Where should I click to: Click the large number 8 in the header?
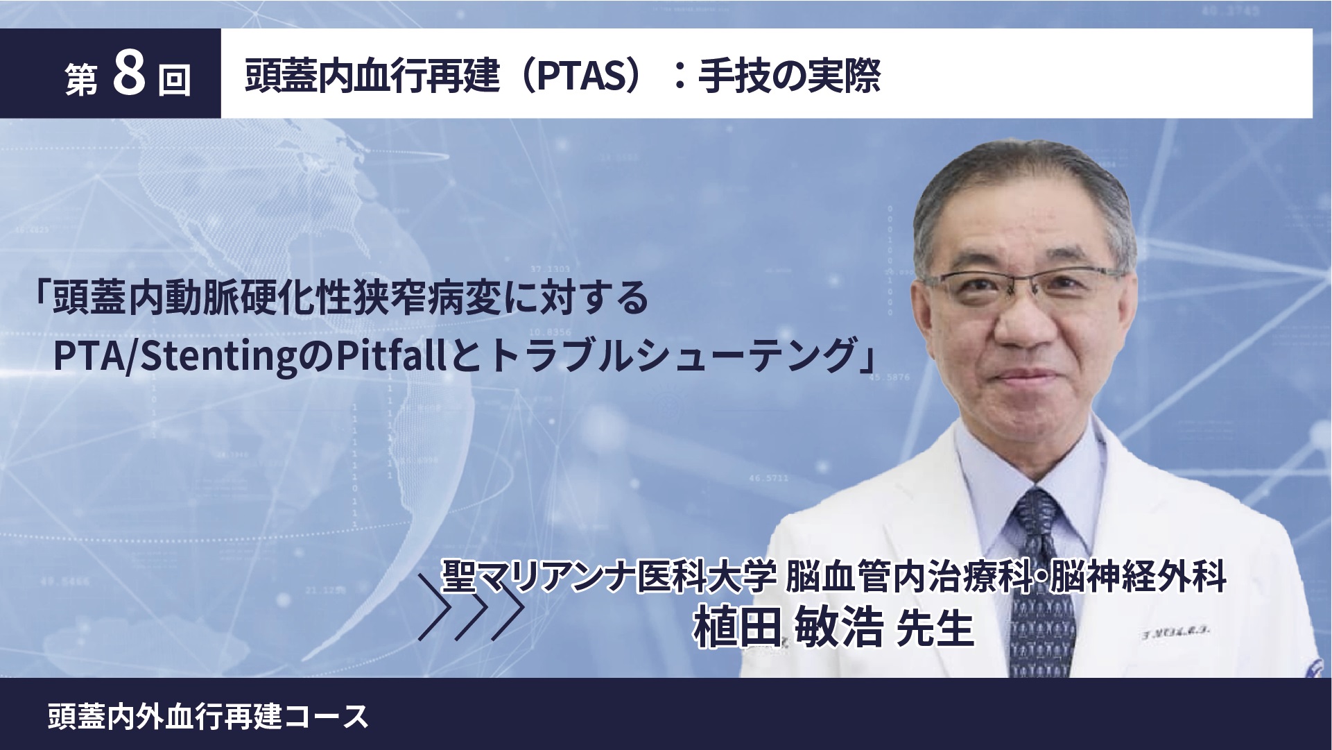[129, 74]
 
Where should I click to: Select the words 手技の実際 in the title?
[789, 76]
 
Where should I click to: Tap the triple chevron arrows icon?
[471, 607]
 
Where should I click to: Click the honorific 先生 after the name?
[935, 628]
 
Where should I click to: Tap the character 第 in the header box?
[82, 80]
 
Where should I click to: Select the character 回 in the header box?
[175, 80]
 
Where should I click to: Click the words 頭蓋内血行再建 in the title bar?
[372, 76]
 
